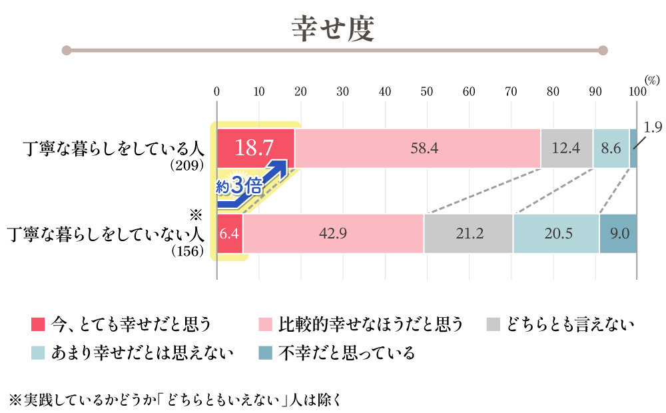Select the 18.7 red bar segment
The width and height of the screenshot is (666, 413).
pos(255,148)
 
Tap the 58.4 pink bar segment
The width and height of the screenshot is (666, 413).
pos(418,148)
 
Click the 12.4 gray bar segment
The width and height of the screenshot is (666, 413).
pos(566,148)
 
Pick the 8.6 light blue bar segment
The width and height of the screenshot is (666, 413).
pos(611,148)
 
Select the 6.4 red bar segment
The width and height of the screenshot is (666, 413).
pos(230,234)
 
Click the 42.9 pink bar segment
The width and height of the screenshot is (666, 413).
pos(333,234)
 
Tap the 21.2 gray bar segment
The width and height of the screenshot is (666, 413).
pos(468,234)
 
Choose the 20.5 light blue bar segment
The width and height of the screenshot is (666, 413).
pos(556,234)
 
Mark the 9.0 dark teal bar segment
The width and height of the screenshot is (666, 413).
pos(619,234)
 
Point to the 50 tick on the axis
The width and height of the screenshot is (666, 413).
pos(426,91)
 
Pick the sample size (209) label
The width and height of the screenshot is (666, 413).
pos(186,166)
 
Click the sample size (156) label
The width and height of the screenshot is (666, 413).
pos(187,251)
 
